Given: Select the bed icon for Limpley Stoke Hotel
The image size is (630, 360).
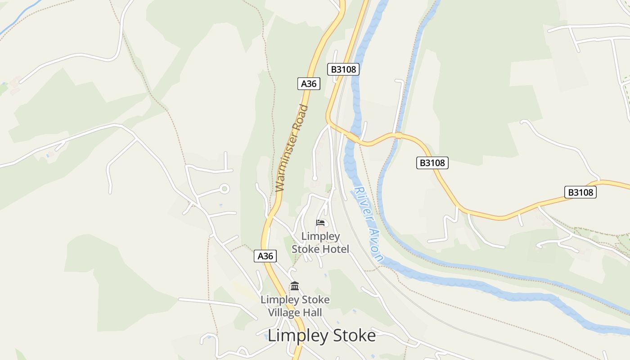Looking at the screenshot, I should tap(320, 222).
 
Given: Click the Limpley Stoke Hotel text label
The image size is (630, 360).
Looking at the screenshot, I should tap(320, 243).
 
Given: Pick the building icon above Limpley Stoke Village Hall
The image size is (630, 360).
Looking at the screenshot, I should tap(295, 286).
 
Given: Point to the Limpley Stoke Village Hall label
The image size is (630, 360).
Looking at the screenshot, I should tap(295, 306).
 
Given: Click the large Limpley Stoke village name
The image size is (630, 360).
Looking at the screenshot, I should tap(321, 336).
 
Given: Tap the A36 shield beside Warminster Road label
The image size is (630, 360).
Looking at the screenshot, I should tap(309, 84).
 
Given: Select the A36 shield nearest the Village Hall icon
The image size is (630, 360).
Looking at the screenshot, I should tap(265, 256).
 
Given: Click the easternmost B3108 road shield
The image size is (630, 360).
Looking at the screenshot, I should tap(580, 192).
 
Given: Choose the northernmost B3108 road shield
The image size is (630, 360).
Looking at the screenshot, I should tap(343, 69).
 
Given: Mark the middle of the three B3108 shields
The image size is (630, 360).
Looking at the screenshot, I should tap(432, 163).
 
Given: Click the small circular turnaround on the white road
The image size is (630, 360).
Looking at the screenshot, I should tap(224, 189).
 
